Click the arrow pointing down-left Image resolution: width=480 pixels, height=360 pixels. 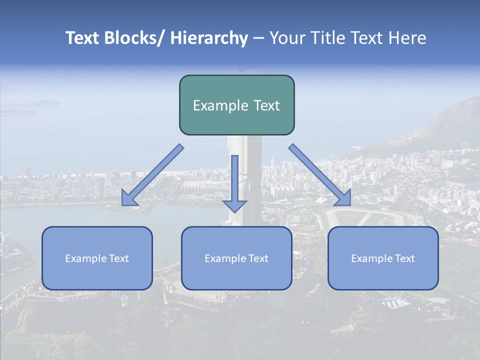coord(152,175)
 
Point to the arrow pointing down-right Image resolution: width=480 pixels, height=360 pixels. coord(320,175)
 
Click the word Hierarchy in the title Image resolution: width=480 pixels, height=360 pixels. coord(209,38)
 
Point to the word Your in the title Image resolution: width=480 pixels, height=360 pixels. coord(286,38)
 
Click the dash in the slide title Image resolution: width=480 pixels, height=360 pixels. coord(258,38)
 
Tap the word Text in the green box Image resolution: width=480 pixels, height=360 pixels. coord(266,105)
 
